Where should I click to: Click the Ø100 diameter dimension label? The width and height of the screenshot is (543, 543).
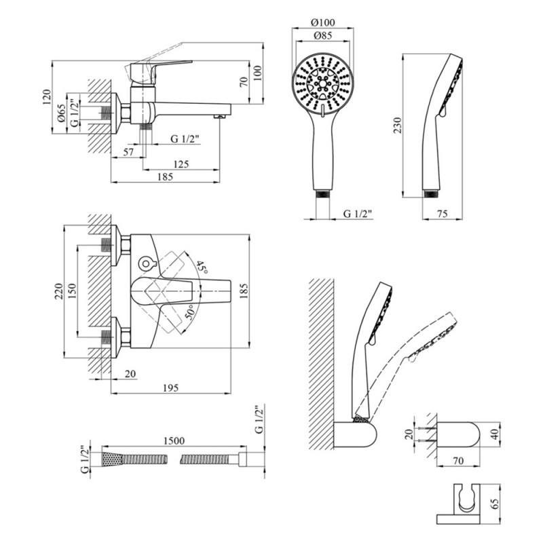323,22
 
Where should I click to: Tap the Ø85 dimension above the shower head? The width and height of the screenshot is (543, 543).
323,35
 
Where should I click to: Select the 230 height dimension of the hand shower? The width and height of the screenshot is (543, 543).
398,126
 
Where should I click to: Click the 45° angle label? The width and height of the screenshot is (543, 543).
202,267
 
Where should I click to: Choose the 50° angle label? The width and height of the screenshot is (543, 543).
190,314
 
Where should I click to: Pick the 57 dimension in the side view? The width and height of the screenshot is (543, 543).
128,152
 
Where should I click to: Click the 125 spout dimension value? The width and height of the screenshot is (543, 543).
181,164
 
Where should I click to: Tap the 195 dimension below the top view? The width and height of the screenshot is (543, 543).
171,388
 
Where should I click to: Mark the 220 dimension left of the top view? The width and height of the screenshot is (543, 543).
58,291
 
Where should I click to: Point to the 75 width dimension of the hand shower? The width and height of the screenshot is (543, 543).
443,214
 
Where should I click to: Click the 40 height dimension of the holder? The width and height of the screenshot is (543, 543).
495,434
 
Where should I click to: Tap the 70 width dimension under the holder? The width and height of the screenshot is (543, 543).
457,461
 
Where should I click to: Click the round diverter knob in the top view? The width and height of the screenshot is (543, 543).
145,263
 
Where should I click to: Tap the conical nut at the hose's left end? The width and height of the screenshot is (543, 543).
113,460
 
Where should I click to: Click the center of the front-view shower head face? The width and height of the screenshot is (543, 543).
323,83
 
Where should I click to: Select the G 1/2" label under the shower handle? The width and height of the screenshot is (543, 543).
358,214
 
